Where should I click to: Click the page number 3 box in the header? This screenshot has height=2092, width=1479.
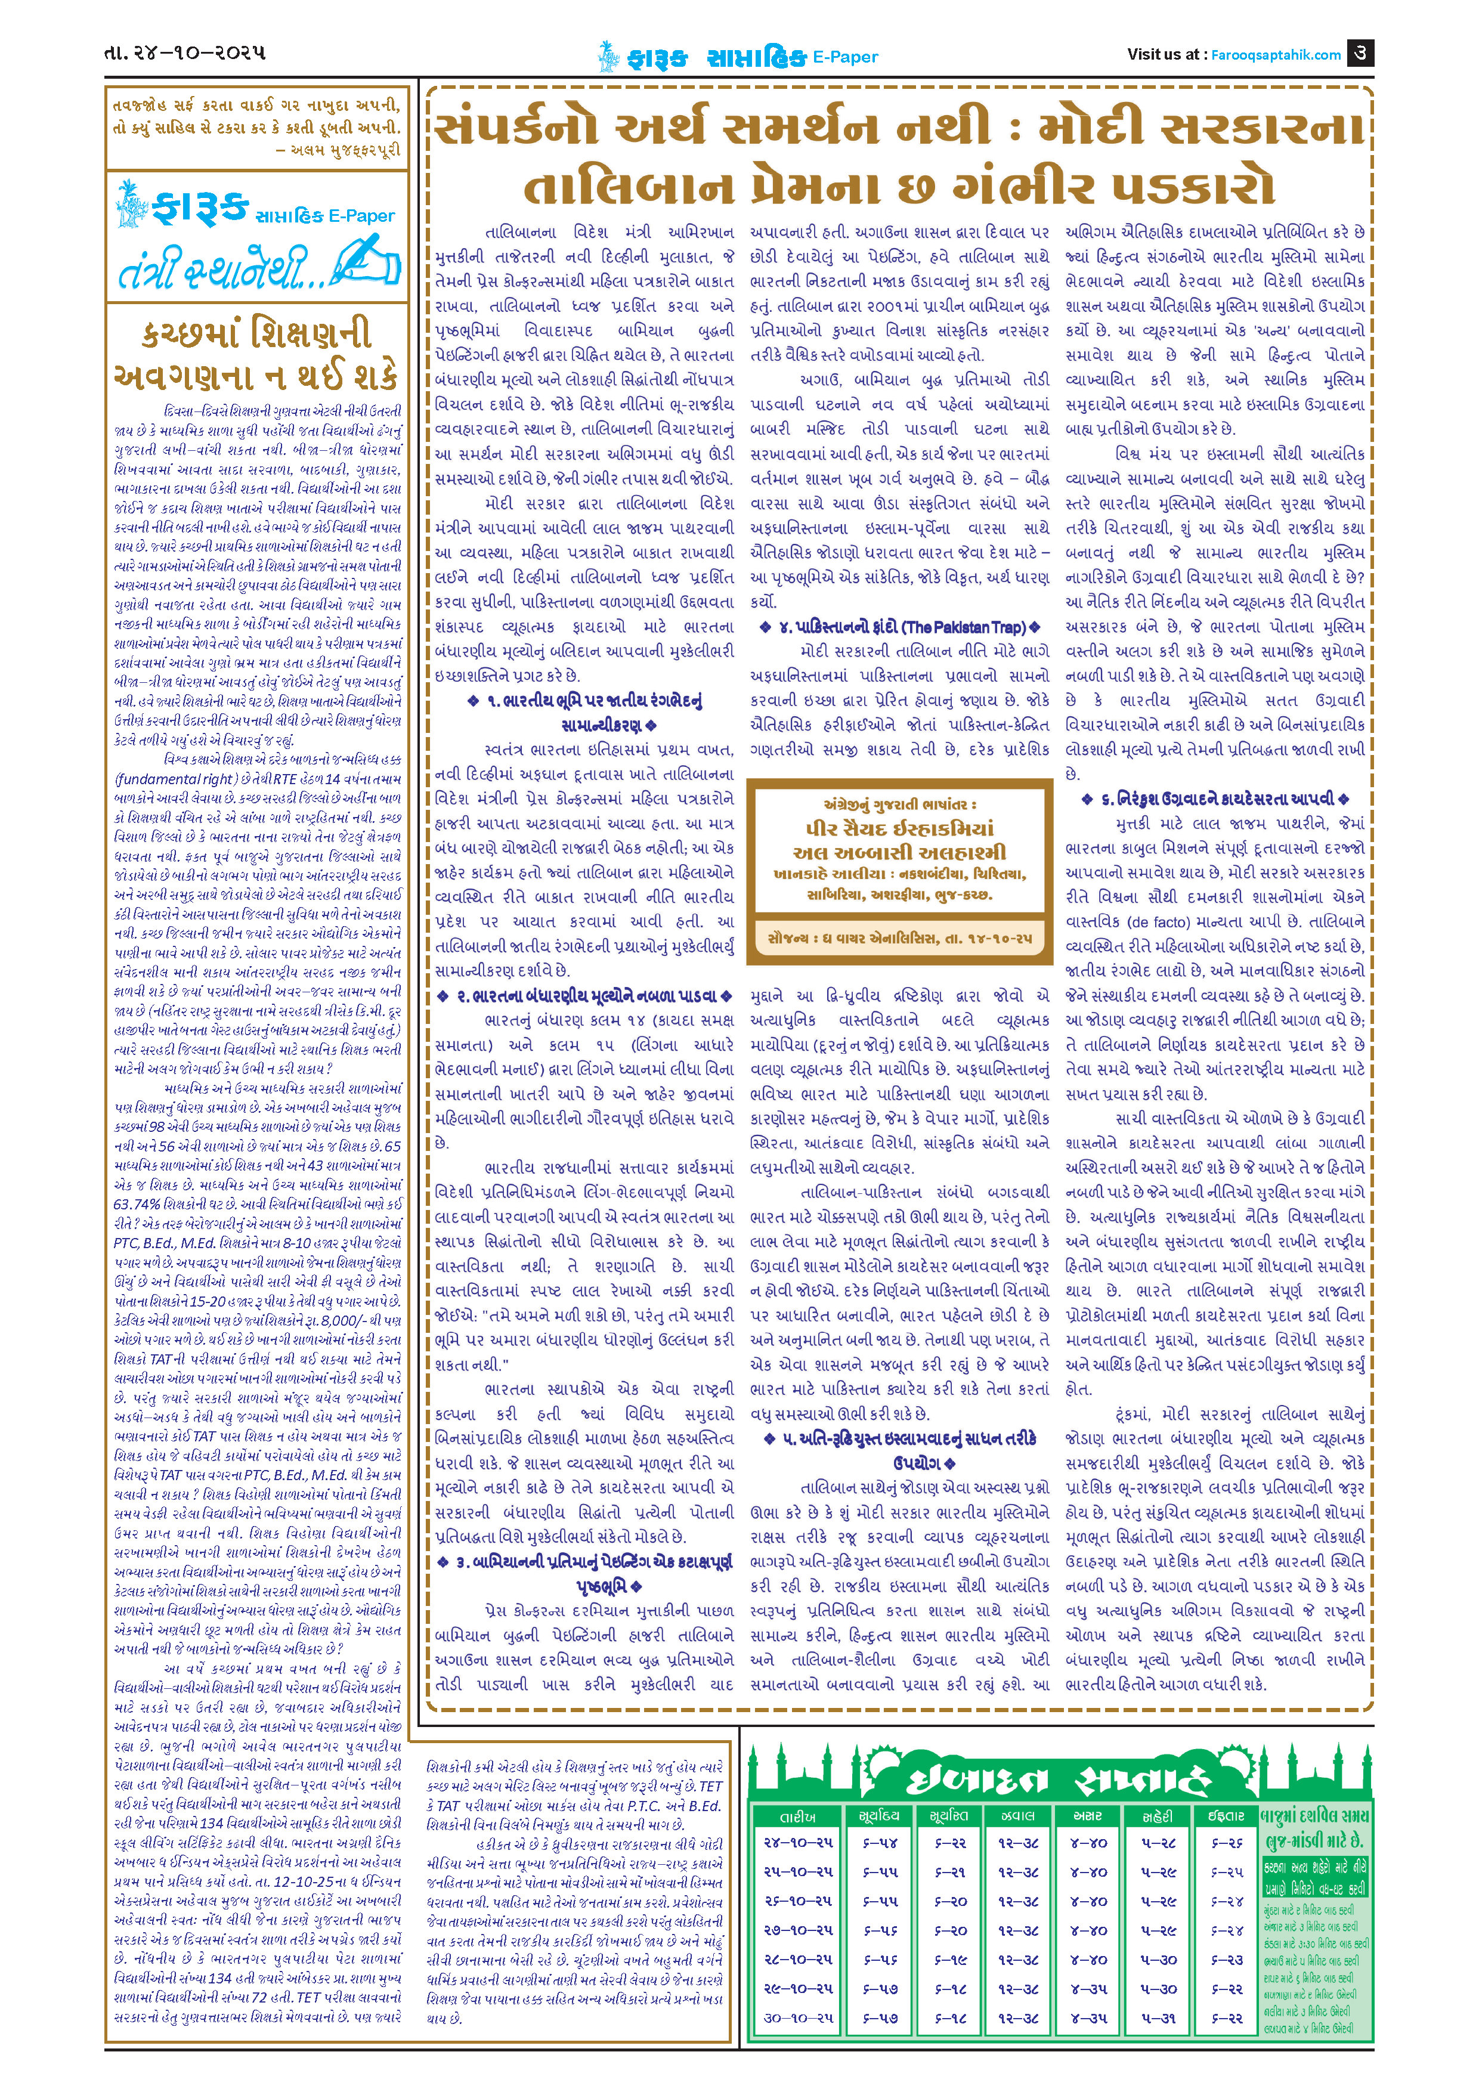(x=1360, y=53)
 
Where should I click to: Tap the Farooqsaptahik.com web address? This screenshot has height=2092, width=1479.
(x=1276, y=55)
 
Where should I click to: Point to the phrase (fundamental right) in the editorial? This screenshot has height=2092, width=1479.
(x=175, y=779)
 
